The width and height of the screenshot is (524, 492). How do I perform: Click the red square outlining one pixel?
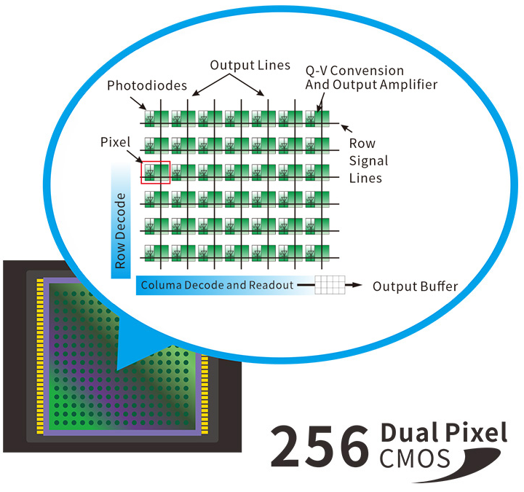[x=156, y=172]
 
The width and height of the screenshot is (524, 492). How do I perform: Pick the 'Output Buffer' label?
[x=416, y=286]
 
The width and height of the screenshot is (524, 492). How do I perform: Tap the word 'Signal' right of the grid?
[x=369, y=160]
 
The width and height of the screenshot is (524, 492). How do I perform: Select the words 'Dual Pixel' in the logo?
[x=443, y=433]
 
